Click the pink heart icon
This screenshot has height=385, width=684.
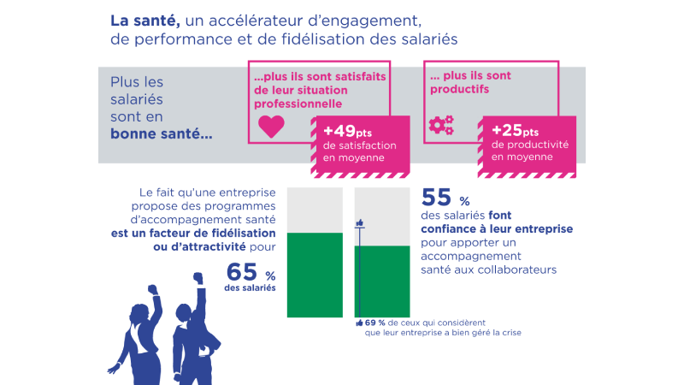[x=270, y=127]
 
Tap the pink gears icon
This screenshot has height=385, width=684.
[x=441, y=127]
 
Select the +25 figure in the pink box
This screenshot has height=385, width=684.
[x=508, y=131]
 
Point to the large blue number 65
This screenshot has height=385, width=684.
[x=242, y=273]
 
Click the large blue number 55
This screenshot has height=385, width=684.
[x=436, y=198]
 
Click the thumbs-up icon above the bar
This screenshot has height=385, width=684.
[x=360, y=223]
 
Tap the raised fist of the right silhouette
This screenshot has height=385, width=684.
[x=198, y=277]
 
